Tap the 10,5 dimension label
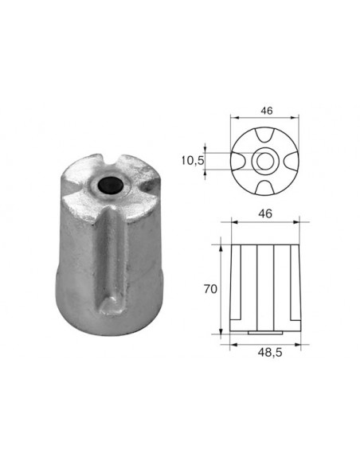click(193, 161)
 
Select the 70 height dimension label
click(210, 289)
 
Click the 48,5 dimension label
click(270, 353)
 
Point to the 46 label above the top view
click(266, 111)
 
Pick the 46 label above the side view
click(265, 213)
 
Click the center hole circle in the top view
click(264, 161)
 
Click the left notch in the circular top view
click(238, 162)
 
